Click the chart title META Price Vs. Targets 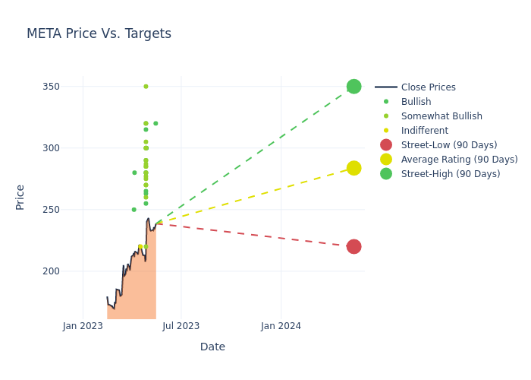99,34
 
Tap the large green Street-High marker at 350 353,87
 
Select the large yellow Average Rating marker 353,168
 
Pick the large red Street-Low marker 353,246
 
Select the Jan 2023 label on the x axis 83,326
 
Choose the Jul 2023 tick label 181,326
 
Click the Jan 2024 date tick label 281,326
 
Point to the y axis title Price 20,197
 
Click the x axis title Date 212,347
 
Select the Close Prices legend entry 428,87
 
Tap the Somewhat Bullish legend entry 441,116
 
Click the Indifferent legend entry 424,131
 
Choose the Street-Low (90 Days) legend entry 448,145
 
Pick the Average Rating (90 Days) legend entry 459,160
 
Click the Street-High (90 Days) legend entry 450,174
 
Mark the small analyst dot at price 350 146,87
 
